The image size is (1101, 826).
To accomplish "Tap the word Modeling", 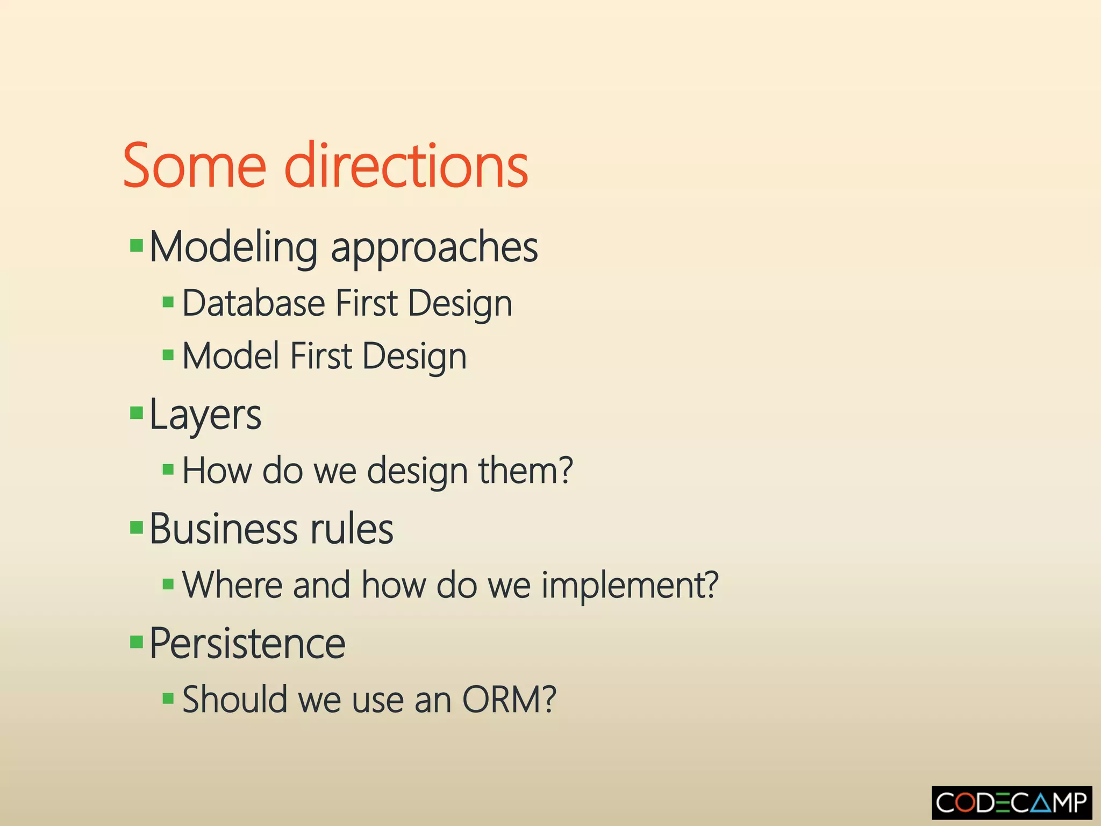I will pyautogui.click(x=233, y=247).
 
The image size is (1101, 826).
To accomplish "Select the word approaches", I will pyautogui.click(x=434, y=248).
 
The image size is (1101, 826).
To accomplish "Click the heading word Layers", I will pyautogui.click(x=205, y=415).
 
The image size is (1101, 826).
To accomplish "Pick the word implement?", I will pyautogui.click(x=630, y=585).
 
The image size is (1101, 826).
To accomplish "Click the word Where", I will pyautogui.click(x=232, y=585).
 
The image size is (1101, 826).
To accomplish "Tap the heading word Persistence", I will pyautogui.click(x=247, y=644).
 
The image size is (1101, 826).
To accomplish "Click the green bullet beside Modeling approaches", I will pyautogui.click(x=137, y=246).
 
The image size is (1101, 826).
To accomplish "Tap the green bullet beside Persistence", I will pyautogui.click(x=137, y=642).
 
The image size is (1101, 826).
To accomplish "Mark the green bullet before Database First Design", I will pyautogui.click(x=168, y=302).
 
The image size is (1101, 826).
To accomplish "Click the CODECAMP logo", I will pyautogui.click(x=1012, y=803).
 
